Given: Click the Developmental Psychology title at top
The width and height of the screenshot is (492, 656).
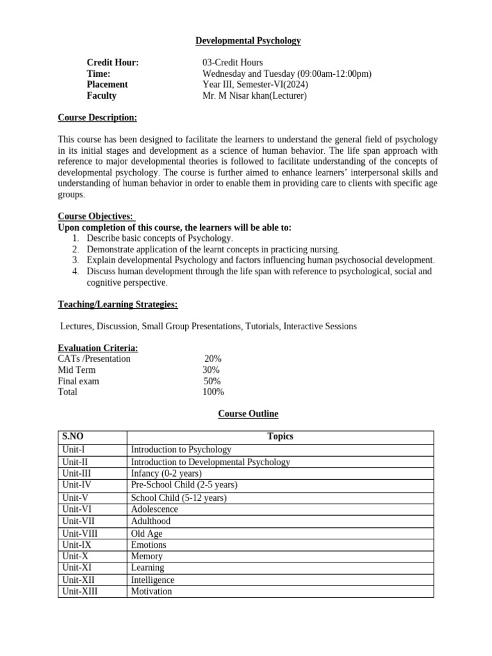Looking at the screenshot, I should (x=248, y=41).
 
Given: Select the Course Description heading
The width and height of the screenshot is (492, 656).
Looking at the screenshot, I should (x=97, y=117).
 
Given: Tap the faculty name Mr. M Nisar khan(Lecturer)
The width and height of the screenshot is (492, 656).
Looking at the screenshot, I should (x=254, y=96).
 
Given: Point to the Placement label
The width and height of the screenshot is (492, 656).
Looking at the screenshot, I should (x=107, y=85).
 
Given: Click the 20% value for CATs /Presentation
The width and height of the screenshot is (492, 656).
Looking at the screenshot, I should (x=213, y=359).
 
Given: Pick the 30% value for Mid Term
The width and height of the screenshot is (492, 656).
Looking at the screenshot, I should (x=211, y=370).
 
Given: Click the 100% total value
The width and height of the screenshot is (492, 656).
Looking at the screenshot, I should (x=213, y=392).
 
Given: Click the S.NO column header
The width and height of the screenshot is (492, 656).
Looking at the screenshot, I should (x=73, y=437).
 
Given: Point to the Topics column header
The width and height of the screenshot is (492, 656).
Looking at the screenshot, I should (x=280, y=437).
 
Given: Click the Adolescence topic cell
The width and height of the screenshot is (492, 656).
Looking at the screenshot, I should (x=154, y=509).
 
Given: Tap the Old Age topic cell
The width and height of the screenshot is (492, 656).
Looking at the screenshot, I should (x=147, y=533).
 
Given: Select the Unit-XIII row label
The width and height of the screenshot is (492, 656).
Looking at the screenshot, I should (x=79, y=591).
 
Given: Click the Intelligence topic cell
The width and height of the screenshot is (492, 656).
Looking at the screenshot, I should (x=152, y=580).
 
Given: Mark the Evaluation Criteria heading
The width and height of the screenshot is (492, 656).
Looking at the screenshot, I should (x=98, y=348).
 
